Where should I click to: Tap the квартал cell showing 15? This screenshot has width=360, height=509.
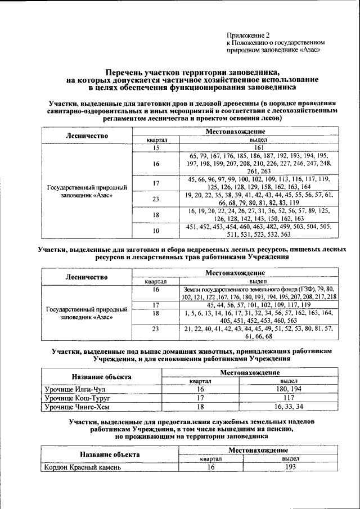(156, 147)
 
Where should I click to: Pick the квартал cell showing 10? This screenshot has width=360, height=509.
(156, 231)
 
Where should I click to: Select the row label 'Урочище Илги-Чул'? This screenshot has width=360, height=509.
(75, 389)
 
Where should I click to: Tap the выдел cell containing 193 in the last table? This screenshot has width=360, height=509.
(290, 467)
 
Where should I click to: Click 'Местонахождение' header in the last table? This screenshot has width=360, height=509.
(258, 451)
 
